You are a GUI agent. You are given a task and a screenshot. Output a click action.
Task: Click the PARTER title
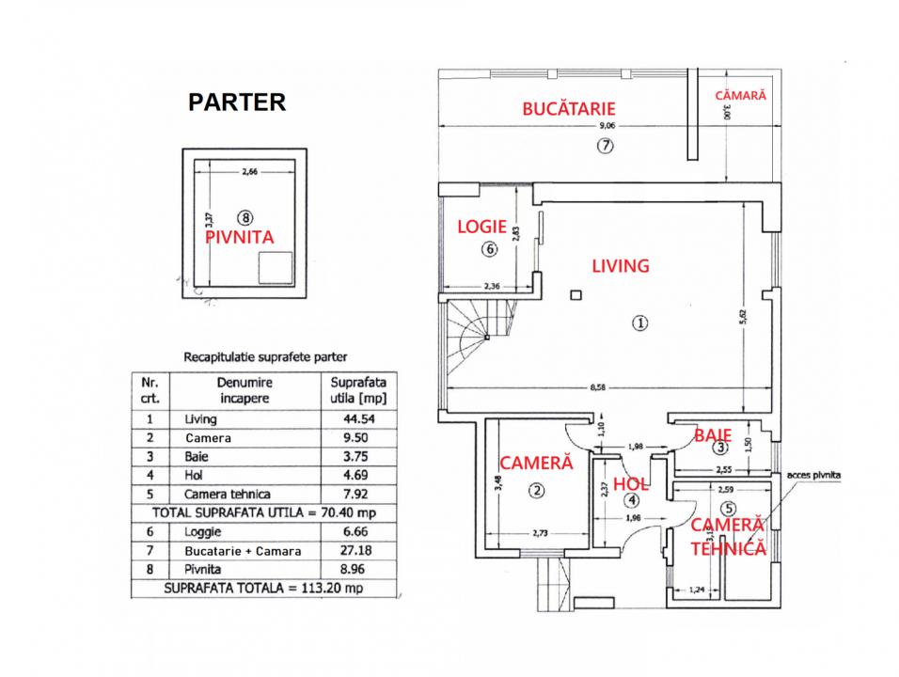[237, 102]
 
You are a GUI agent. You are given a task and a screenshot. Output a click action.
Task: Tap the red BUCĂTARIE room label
[569, 108]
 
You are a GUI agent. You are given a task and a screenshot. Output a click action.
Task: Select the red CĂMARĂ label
[740, 95]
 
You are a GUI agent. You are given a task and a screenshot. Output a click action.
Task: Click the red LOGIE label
[481, 227]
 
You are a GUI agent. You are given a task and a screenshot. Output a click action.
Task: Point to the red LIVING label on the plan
[621, 266]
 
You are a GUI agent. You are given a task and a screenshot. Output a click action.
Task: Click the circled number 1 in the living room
[639, 323]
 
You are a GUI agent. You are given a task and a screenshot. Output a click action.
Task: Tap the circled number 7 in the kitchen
[606, 146]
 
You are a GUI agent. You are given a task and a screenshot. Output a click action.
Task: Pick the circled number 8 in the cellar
[244, 218]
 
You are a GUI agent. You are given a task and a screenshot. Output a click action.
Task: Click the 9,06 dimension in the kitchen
[607, 126]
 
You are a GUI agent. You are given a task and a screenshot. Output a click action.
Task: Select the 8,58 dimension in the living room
[598, 387]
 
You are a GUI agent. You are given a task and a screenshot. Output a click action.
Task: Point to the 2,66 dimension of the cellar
[249, 171]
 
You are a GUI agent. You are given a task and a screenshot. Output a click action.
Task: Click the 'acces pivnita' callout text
[813, 475]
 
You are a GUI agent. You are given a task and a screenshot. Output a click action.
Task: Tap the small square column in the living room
[576, 295]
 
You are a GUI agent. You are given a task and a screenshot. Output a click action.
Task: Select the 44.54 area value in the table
[359, 419]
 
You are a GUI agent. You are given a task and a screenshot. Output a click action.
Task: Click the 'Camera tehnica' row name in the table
[227, 495]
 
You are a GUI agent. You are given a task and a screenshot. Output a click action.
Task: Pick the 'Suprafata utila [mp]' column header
[358, 390]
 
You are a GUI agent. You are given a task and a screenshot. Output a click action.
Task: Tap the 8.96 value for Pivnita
[355, 569]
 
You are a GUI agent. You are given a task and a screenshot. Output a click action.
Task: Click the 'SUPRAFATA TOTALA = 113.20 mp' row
[263, 589]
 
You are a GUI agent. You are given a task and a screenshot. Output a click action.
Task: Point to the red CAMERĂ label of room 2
[537, 463]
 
